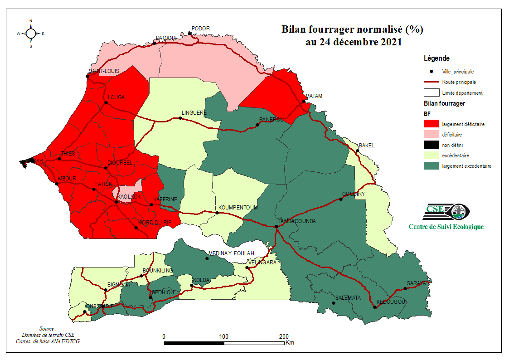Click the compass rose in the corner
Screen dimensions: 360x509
(31, 33)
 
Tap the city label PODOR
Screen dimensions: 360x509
(201, 28)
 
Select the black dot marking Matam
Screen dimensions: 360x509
(304, 101)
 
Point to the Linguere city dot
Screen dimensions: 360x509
(180, 118)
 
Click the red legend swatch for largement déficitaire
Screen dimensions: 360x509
(431, 124)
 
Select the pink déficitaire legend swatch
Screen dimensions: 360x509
(431, 134)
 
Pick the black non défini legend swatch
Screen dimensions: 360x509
(431, 145)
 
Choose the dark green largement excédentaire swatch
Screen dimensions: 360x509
(431, 165)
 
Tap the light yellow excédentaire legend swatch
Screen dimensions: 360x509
(431, 155)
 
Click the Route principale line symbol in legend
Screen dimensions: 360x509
(431, 82)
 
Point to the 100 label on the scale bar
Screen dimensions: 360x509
(223, 336)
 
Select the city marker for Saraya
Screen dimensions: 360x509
(405, 289)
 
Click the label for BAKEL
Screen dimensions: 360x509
(367, 146)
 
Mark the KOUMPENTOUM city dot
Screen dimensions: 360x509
(217, 213)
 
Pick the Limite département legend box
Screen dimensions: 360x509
(431, 92)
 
